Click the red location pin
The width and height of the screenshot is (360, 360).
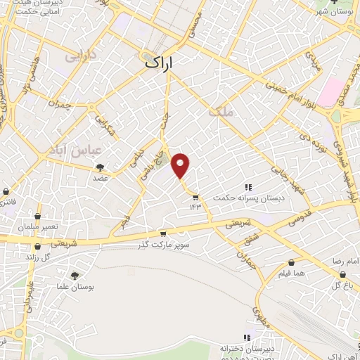tap(181, 165)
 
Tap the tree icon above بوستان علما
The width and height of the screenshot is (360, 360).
tap(75, 276)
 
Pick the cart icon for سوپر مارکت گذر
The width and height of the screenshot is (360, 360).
tap(162, 234)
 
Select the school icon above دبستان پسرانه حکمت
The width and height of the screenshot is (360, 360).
tap(248, 187)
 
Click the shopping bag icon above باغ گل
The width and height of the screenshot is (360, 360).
tap(335, 274)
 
